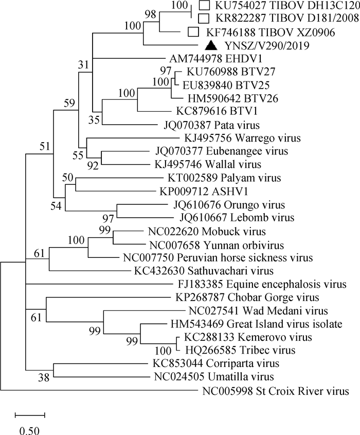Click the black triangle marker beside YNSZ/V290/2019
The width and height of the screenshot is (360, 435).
click(210, 45)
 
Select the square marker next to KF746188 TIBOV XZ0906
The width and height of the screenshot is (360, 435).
click(194, 32)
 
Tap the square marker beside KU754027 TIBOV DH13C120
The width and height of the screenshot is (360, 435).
click(205, 6)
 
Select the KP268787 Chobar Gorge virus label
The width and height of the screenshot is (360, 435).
click(240, 298)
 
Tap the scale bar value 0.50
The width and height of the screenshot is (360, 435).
click(30, 428)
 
